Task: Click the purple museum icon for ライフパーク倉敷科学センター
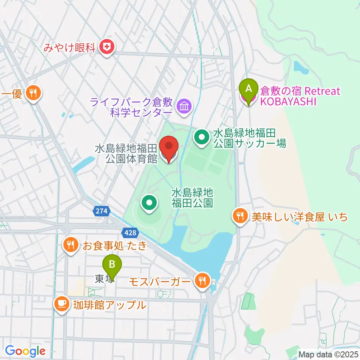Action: pyautogui.click(x=184, y=106)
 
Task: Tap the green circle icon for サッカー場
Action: pyautogui.click(x=202, y=137)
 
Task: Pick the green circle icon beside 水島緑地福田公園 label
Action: pyautogui.click(x=149, y=203)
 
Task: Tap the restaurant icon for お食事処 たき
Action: pyautogui.click(x=70, y=246)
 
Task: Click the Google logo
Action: pyautogui.click(x=25, y=351)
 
